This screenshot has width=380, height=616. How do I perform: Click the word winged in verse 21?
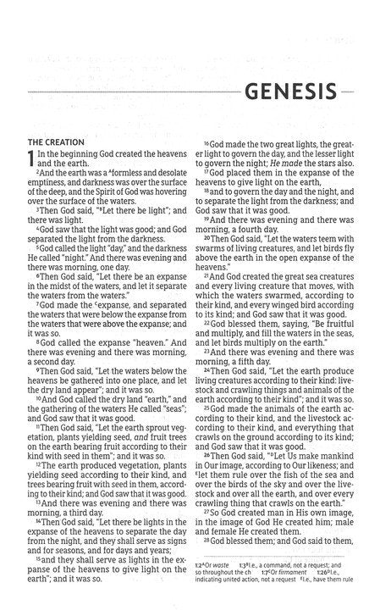coord(283,302)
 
